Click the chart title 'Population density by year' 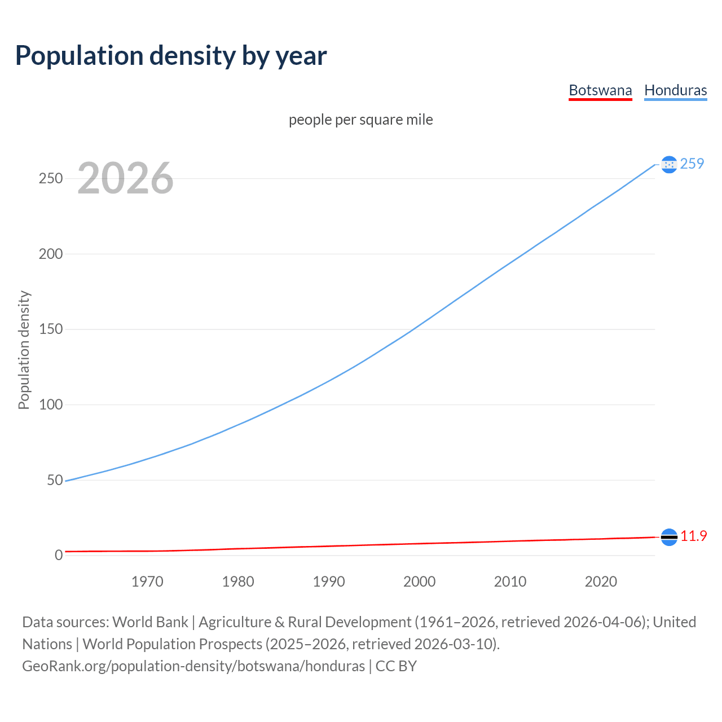(x=171, y=56)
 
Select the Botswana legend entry (x=600, y=90)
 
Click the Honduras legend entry (x=675, y=90)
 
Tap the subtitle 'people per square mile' (x=360, y=120)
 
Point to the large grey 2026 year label (x=125, y=178)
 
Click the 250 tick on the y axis (x=50, y=178)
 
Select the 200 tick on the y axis (x=50, y=254)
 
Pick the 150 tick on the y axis (x=50, y=329)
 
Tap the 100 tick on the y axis (x=50, y=404)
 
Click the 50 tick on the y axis (x=55, y=480)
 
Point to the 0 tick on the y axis (x=59, y=555)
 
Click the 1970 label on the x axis (x=147, y=582)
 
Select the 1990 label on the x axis (x=329, y=582)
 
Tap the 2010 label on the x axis (x=510, y=582)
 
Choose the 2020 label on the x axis (x=601, y=582)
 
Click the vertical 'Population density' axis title (x=24, y=350)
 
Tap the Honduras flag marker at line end (x=669, y=164)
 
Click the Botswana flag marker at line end (x=669, y=537)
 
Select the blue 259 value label (x=692, y=164)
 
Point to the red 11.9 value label (x=693, y=536)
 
